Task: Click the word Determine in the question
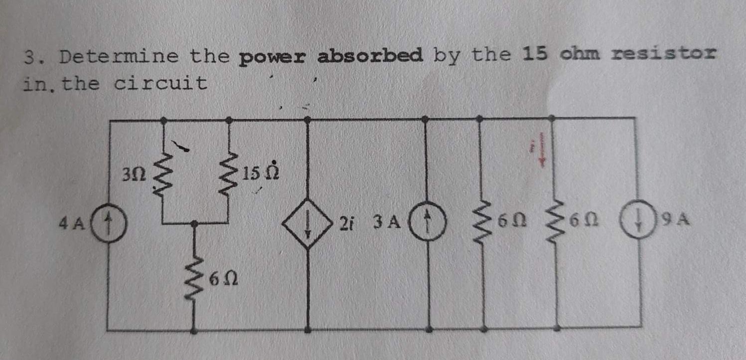coord(119,57)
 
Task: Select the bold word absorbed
coord(370,55)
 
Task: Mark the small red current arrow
coord(544,152)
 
